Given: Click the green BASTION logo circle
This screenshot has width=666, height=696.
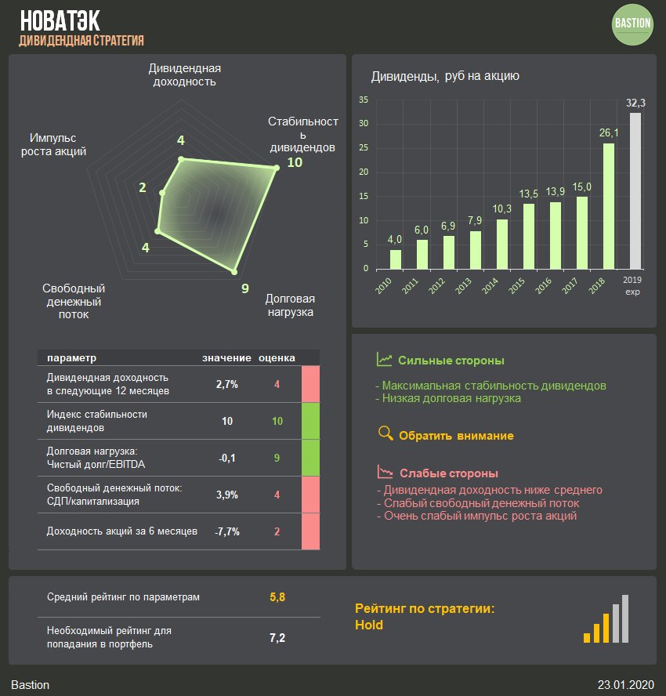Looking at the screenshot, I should click(632, 24).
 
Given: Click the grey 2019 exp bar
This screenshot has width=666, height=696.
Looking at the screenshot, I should click(635, 190).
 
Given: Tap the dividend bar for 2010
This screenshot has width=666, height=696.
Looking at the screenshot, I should click(396, 259).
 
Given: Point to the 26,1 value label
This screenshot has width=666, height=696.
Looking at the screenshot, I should click(609, 132).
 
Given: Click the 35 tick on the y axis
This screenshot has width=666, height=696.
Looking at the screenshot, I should click(363, 100).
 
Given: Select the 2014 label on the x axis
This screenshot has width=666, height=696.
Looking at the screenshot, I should click(491, 285).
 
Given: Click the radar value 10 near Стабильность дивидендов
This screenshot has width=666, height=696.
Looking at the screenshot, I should click(295, 162).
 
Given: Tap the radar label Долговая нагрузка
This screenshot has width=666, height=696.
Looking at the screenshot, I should click(290, 305).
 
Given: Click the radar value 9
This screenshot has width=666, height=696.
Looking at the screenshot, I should click(245, 288).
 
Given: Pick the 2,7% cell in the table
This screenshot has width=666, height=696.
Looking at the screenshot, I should click(227, 384).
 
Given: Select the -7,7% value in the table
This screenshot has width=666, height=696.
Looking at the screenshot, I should click(227, 531).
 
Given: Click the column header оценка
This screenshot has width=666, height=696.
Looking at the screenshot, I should click(277, 357).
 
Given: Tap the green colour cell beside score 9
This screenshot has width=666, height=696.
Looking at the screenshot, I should click(311, 458).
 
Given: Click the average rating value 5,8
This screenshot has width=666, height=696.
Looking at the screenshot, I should click(277, 597).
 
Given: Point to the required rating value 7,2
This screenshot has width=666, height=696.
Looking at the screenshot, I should click(277, 637).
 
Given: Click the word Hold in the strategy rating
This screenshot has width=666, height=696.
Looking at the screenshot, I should click(369, 625).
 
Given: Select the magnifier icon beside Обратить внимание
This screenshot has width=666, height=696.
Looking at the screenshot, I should click(385, 433).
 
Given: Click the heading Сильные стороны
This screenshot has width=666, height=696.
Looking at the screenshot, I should click(451, 361).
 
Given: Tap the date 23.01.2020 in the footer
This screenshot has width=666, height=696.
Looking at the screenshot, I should click(625, 684).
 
